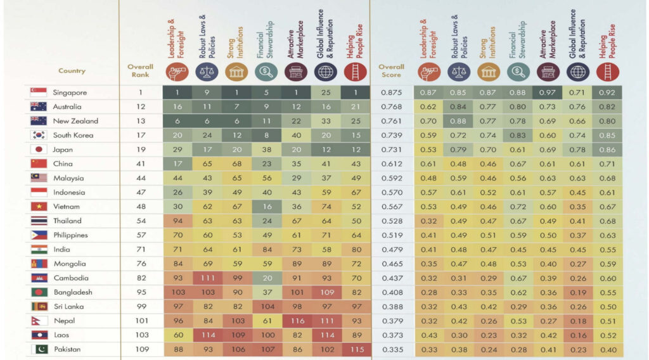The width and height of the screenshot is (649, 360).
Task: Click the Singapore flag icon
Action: pyautogui.click(x=38, y=93)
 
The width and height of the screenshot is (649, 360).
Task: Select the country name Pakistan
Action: pyautogui.click(x=67, y=349)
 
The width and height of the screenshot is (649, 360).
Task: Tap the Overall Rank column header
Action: pyautogui.click(x=140, y=70)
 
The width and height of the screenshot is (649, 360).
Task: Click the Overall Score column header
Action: pyautogui.click(x=391, y=70)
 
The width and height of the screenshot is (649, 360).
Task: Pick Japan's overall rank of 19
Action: pyautogui.click(x=141, y=150)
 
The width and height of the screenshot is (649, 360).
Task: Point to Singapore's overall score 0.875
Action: pyautogui.click(x=391, y=93)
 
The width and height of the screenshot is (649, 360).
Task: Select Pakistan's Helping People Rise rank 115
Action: pyautogui.click(x=356, y=349)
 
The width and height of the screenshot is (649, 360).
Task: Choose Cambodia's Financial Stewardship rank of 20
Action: pyautogui.click(x=266, y=278)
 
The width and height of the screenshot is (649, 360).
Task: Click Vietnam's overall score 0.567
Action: pyautogui.click(x=391, y=207)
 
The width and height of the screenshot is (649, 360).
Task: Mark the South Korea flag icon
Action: pyautogui.click(x=38, y=135)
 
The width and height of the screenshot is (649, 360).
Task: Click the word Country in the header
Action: pyautogui.click(x=72, y=71)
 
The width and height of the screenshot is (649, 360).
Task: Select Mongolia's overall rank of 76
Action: pyautogui.click(x=141, y=264)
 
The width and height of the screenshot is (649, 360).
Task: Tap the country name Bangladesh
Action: pyautogui.click(x=72, y=292)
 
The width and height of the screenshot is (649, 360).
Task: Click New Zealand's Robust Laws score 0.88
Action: pyautogui.click(x=459, y=121)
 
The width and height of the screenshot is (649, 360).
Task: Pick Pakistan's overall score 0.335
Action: pyautogui.click(x=391, y=349)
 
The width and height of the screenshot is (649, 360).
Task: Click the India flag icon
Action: pyautogui.click(x=38, y=249)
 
